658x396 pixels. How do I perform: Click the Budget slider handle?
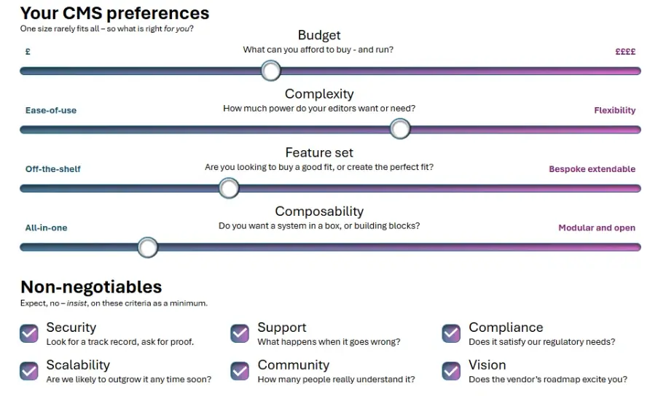pyautogui.click(x=270, y=71)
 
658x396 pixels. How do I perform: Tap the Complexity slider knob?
pyautogui.click(x=400, y=129)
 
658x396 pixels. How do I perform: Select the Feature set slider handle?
pyautogui.click(x=229, y=187)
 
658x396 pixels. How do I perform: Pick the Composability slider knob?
pyautogui.click(x=148, y=247)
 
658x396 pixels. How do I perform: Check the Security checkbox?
pyautogui.click(x=29, y=333)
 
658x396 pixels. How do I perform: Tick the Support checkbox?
pyautogui.click(x=240, y=333)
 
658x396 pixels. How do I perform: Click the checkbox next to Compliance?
pyautogui.click(x=451, y=333)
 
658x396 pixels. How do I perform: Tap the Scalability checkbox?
pyautogui.click(x=29, y=370)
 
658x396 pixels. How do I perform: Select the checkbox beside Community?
pyautogui.click(x=240, y=370)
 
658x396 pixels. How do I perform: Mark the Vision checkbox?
pyautogui.click(x=451, y=370)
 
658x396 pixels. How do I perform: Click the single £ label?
pyautogui.click(x=28, y=52)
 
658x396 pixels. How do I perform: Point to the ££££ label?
pyautogui.click(x=625, y=52)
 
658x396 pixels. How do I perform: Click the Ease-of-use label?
pyautogui.click(x=51, y=110)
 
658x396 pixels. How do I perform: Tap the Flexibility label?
pyautogui.click(x=615, y=110)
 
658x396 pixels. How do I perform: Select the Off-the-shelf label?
pyautogui.click(x=53, y=168)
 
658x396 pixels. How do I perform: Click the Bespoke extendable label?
pyautogui.click(x=592, y=169)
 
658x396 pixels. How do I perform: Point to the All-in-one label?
pyautogui.click(x=46, y=228)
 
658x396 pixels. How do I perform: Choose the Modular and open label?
pyautogui.click(x=597, y=228)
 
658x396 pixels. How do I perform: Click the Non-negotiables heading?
pyautogui.click(x=91, y=287)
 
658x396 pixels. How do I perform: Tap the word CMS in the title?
pyautogui.click(x=82, y=13)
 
